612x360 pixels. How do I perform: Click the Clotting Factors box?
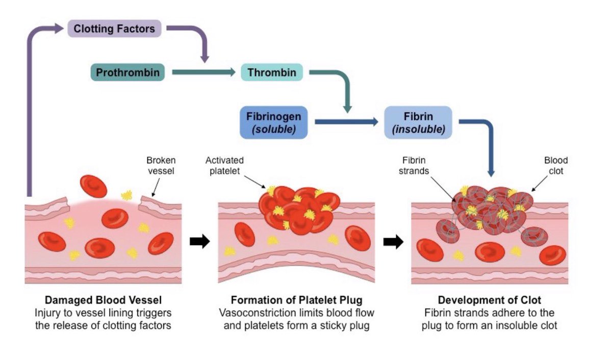click(x=114, y=28)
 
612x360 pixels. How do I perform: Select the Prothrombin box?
click(x=127, y=72)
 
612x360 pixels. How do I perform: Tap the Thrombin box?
click(x=272, y=72)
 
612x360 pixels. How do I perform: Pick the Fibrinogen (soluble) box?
click(x=274, y=122)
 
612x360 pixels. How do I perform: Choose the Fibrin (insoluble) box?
click(x=418, y=122)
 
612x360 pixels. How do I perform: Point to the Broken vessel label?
click(x=161, y=165)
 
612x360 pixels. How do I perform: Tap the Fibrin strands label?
click(x=414, y=165)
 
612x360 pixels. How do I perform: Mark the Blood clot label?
click(x=555, y=165)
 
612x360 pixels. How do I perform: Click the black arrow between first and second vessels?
click(x=199, y=242)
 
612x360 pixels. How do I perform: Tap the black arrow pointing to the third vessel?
click(x=393, y=242)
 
